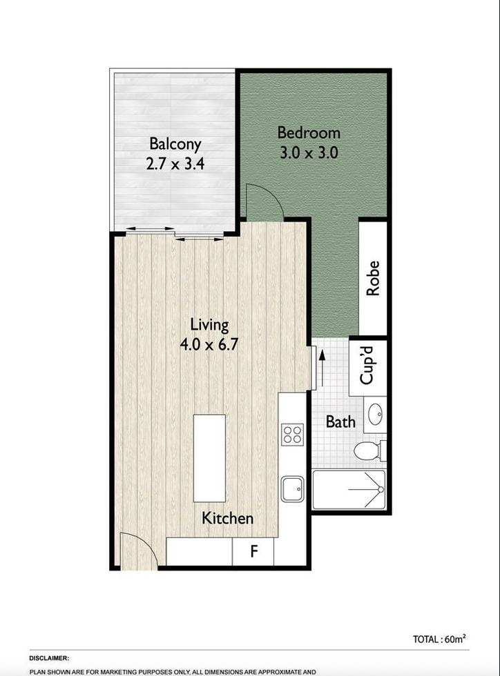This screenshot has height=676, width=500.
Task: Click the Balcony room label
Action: pos(175,144)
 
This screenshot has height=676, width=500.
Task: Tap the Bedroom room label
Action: pos(309,132)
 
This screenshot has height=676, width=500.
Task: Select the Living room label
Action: pos(209,325)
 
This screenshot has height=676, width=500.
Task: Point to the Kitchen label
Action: pos(227,518)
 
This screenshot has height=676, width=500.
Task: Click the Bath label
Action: pos(340,421)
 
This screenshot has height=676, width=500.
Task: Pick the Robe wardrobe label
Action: pos(373,278)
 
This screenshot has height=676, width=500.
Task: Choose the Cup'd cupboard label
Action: pos(367,365)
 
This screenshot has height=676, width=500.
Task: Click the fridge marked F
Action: pos(253,551)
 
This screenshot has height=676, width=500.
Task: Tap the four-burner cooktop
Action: pos(292,435)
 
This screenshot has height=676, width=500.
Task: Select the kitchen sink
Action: pos(292,488)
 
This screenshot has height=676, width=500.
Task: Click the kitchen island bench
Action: pos(209,458)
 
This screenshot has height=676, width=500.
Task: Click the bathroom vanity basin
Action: pos(375,415)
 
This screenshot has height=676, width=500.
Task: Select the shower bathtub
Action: pos(349,489)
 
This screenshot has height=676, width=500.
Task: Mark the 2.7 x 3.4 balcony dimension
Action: pos(175,164)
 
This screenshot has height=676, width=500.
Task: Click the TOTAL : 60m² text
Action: pos(439,639)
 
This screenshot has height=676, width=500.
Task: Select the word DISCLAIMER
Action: pos(49,658)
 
